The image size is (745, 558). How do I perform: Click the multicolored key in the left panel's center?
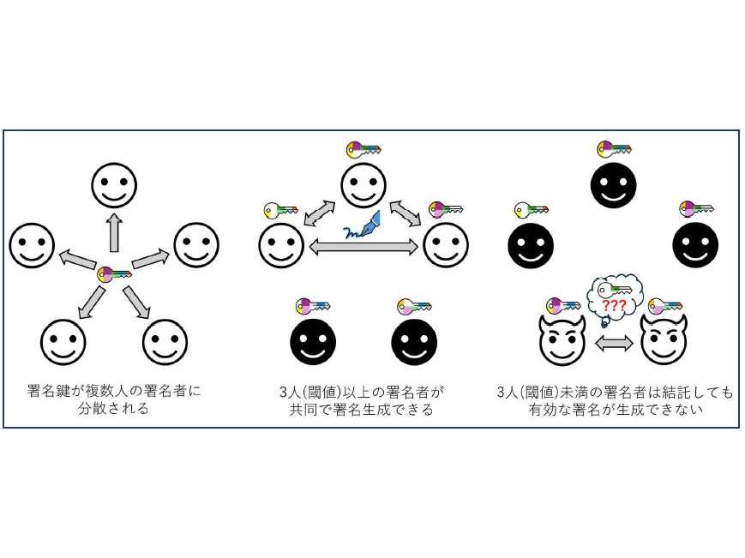coord(114,274)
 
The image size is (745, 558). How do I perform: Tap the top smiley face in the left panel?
coord(115,185)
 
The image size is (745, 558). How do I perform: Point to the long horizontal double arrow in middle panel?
coord(363,247)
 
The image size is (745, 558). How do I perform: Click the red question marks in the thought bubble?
coord(614,305)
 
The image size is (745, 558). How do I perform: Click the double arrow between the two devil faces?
coord(614,343)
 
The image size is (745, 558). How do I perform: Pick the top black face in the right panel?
coord(613,185)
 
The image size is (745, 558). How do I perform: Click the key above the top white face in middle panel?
coord(363,150)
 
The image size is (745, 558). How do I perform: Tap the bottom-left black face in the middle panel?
coord(313,342)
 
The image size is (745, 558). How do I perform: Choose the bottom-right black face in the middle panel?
coord(414,342)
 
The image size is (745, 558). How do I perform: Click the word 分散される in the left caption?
coord(114,408)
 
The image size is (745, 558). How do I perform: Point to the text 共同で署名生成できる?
coord(362,410)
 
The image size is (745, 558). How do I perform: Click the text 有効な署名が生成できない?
coord(616,410)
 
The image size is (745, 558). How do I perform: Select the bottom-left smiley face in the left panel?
coord(63,342)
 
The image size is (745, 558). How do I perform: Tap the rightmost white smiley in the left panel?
coord(196,245)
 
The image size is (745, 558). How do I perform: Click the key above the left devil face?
coord(563,305)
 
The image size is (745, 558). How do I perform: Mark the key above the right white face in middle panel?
coord(446,209)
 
